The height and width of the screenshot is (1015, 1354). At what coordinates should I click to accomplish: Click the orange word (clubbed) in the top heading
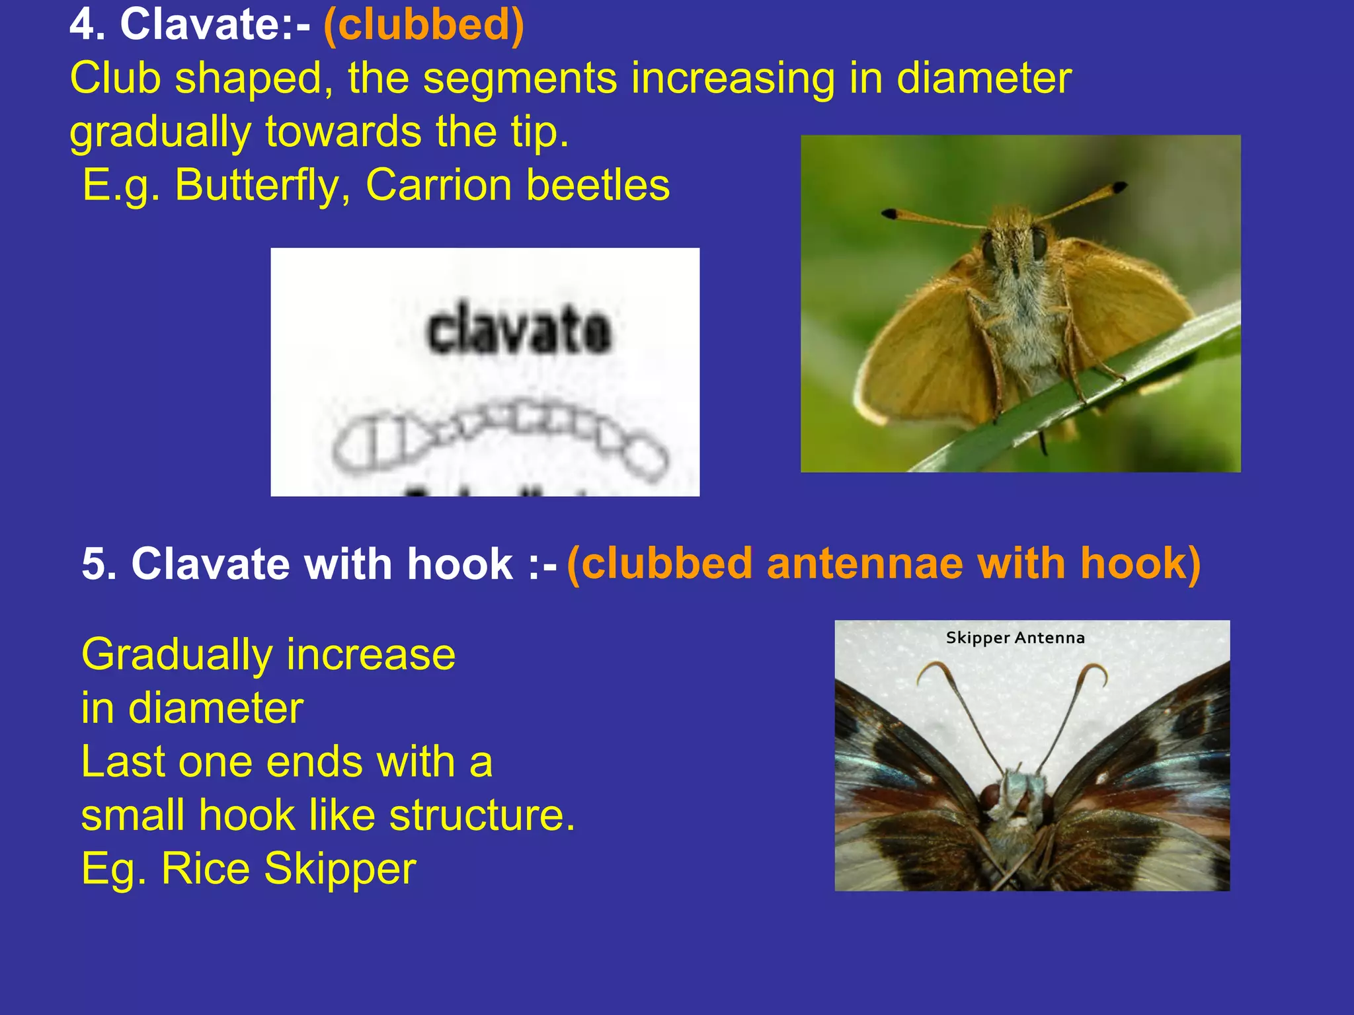(x=424, y=25)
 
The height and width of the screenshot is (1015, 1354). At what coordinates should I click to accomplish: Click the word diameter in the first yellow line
(x=983, y=79)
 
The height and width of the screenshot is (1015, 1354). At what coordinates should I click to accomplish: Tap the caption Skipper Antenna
(x=1015, y=638)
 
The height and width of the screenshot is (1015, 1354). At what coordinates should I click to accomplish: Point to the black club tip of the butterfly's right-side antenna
(x=1119, y=187)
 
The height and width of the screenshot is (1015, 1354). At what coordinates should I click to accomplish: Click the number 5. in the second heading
(x=99, y=564)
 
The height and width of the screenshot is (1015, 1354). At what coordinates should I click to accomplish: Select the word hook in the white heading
(x=460, y=564)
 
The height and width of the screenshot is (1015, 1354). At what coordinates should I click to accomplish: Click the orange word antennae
(x=865, y=564)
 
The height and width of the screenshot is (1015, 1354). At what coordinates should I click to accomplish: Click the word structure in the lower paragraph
(x=481, y=815)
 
